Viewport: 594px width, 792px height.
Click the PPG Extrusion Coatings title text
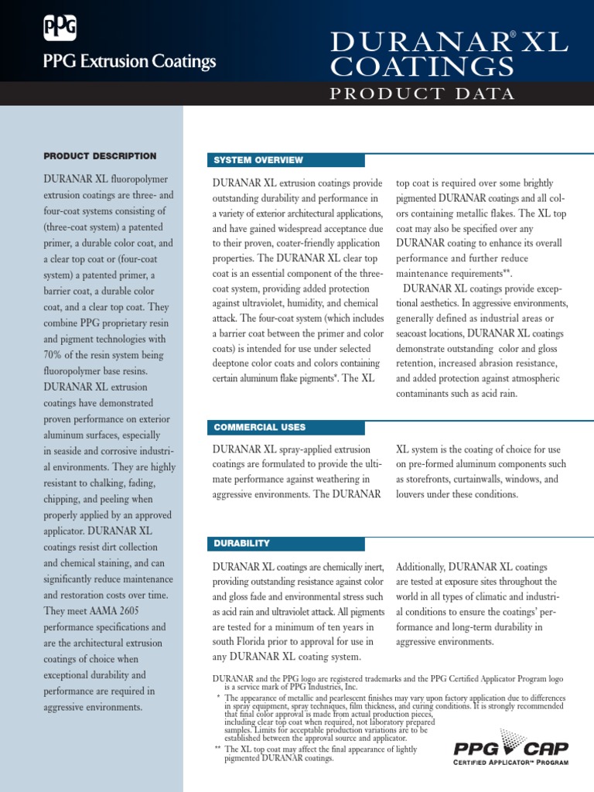point(129,62)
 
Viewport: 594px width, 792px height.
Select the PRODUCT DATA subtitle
point(422,94)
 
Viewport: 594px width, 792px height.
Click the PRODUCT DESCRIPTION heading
point(100,156)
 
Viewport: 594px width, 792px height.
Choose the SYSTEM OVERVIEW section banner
point(258,160)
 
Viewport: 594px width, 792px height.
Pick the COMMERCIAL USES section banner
point(259,427)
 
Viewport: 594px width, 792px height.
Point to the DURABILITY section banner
point(242,544)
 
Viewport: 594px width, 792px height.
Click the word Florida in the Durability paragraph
point(265,641)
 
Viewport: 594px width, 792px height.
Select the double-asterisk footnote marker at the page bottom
point(219,749)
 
